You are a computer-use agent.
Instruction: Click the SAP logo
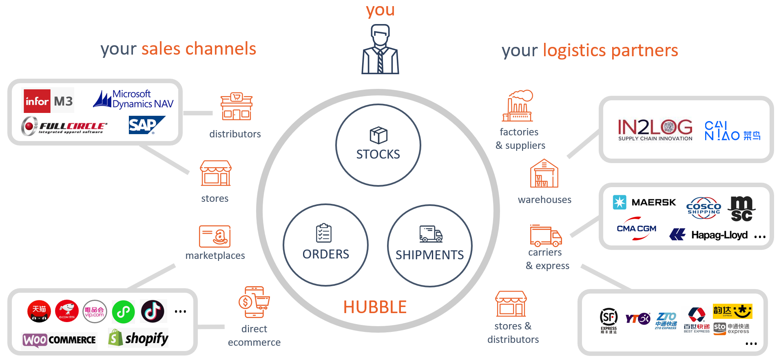(x=146, y=125)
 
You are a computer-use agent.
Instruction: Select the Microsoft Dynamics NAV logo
(x=133, y=99)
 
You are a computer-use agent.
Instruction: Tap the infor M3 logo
(x=49, y=101)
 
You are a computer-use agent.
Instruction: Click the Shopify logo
(x=139, y=338)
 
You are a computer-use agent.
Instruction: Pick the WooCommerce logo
(x=60, y=340)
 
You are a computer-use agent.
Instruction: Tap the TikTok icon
(x=153, y=311)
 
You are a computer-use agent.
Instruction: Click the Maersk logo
(x=644, y=202)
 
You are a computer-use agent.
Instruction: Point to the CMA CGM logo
(x=636, y=229)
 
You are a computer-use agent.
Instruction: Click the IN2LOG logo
(x=655, y=129)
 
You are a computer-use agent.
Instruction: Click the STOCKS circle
(x=378, y=145)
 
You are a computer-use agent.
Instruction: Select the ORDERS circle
(x=325, y=245)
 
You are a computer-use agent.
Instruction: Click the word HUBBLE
(x=375, y=307)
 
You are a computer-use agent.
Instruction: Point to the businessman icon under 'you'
(x=380, y=49)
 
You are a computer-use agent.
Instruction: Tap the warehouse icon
(x=544, y=173)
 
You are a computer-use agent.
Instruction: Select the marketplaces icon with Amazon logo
(x=215, y=236)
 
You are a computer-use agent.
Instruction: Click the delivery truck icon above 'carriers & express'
(x=546, y=236)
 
